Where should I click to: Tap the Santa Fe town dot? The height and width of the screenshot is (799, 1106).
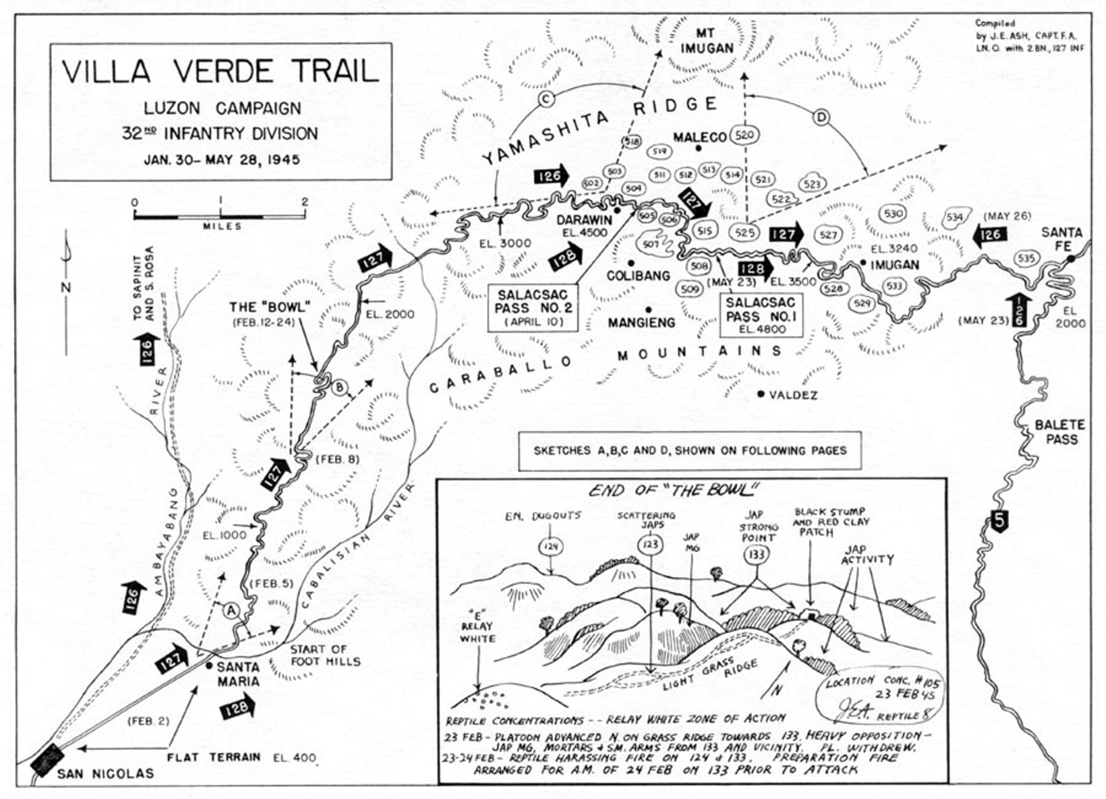[x=1070, y=259]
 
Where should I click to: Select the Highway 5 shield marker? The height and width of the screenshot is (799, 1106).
[x=999, y=520]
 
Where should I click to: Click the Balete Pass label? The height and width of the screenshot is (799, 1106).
[x=1060, y=431]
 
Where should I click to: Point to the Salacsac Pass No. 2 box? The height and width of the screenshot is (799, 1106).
[x=532, y=308]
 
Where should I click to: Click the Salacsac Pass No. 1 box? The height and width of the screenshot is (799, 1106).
[x=760, y=315]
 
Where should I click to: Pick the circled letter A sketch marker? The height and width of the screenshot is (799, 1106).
[x=231, y=610]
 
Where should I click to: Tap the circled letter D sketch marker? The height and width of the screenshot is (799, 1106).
[x=821, y=118]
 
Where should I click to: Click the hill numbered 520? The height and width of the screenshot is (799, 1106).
[x=744, y=135]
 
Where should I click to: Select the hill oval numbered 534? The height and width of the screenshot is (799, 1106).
[x=955, y=217]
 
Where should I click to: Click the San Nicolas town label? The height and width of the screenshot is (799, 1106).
[x=105, y=773]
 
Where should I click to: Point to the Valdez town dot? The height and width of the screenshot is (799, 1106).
[x=761, y=394]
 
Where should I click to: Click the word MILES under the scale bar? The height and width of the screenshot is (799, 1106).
[x=222, y=226]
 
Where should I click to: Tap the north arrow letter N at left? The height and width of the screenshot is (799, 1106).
[x=66, y=287]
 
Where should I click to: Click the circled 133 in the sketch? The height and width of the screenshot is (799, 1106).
[x=756, y=554]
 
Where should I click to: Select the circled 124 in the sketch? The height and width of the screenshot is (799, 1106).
[x=551, y=546]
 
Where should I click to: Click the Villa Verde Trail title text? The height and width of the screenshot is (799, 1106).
[x=221, y=71]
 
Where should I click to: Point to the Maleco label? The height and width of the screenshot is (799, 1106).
[x=700, y=137]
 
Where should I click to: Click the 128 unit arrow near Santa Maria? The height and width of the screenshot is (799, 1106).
[x=237, y=707]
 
